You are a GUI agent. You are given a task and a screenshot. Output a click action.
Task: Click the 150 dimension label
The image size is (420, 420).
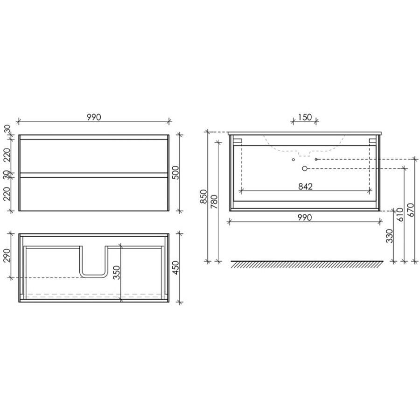305,117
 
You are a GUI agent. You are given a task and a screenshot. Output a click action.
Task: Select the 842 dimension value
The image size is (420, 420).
305,186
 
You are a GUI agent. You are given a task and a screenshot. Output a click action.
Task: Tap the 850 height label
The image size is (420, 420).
204,196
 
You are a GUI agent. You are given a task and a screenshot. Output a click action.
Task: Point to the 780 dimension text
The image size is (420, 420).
215,202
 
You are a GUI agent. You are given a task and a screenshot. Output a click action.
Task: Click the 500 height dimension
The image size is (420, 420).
175,173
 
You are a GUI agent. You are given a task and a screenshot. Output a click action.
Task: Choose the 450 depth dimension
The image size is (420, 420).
175,267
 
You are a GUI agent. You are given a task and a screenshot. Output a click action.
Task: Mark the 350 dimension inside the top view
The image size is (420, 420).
117,273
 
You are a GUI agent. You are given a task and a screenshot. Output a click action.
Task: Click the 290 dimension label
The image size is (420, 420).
7,256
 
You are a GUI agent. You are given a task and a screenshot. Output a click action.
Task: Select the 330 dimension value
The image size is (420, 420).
390,236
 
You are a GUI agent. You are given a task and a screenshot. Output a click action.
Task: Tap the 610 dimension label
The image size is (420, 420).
400,215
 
